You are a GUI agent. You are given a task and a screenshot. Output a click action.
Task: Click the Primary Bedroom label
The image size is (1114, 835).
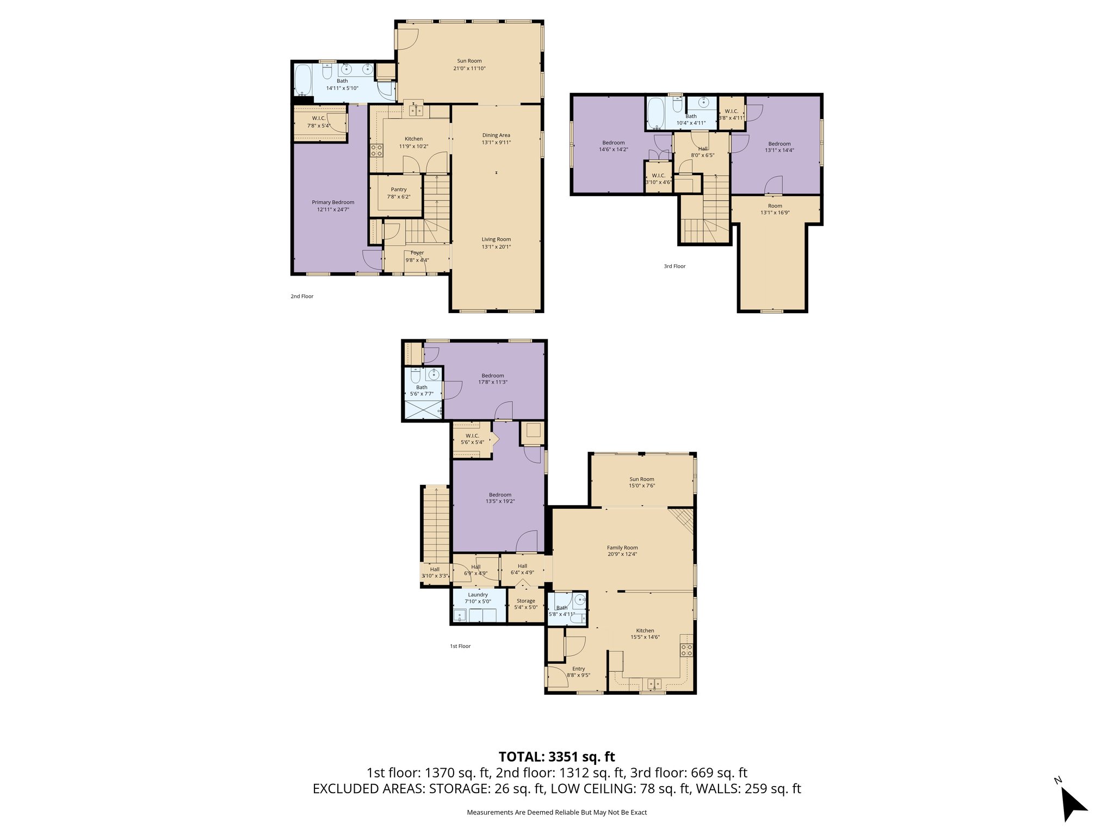[333, 202]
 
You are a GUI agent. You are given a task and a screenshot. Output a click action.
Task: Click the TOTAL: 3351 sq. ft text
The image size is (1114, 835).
[556, 757]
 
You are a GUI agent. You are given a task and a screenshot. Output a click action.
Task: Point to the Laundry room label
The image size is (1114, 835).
[478, 595]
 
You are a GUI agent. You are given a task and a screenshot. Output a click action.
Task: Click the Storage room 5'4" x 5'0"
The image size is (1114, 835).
[525, 603]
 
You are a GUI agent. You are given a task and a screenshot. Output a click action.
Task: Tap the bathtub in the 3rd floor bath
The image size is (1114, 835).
[656, 113]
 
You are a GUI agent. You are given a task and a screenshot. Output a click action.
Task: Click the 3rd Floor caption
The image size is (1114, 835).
[674, 266]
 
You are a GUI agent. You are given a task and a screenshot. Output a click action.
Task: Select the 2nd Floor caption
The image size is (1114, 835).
[302, 296]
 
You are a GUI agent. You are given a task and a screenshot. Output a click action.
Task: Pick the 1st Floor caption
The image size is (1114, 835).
[460, 646]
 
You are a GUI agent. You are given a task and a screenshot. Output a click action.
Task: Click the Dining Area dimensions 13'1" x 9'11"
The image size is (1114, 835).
[496, 142]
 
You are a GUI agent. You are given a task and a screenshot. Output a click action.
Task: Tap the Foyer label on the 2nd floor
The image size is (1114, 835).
[417, 253]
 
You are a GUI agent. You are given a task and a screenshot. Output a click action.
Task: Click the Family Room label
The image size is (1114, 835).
[622, 548]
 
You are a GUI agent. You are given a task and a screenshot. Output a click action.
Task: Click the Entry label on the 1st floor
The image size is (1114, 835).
[578, 669]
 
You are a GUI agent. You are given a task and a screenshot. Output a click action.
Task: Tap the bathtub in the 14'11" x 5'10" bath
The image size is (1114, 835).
[302, 80]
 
